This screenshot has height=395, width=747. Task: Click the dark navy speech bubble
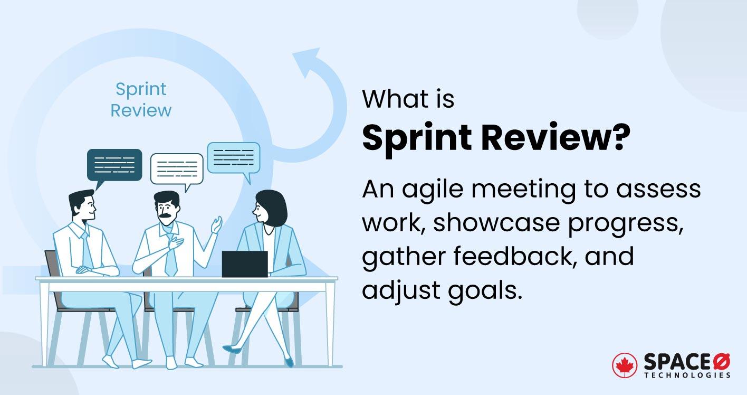[114, 165]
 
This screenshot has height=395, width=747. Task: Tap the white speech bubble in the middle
[177, 168]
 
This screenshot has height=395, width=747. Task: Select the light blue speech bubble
[233, 157]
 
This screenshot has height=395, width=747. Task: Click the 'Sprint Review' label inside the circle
[141, 100]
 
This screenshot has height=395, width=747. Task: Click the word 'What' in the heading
[388, 99]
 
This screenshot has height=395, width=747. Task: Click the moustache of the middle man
[167, 217]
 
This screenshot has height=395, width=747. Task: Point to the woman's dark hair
[273, 206]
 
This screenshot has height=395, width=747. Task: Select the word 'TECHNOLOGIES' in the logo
[687, 375]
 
